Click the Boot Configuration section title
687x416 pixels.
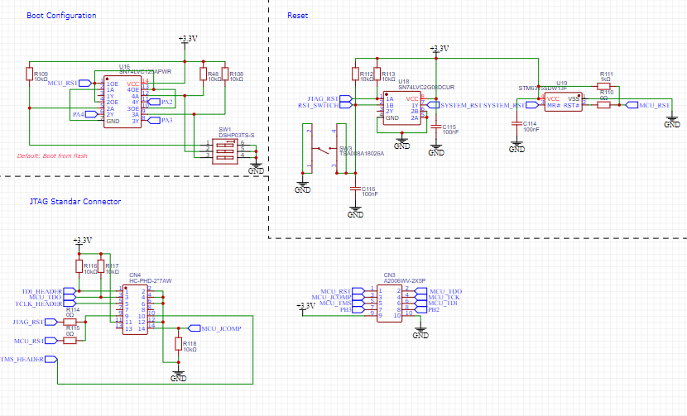(x=61, y=16)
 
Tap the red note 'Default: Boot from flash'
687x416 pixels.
(x=52, y=155)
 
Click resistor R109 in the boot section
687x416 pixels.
(x=30, y=75)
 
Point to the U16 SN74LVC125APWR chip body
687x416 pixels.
(x=123, y=103)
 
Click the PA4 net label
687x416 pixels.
(x=79, y=114)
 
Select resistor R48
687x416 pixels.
(x=203, y=74)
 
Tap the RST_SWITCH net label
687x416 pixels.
(x=319, y=105)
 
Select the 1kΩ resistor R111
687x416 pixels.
(x=604, y=85)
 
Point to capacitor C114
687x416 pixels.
(x=516, y=125)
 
